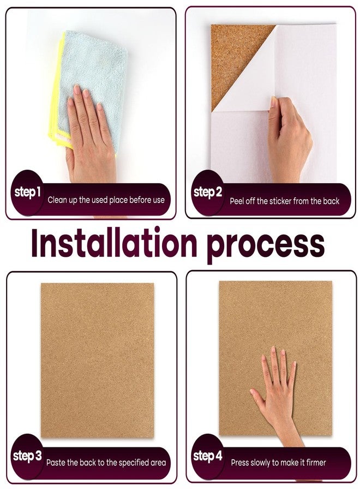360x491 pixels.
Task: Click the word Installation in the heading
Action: click(114, 243)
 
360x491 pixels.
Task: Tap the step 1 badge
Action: click(28, 193)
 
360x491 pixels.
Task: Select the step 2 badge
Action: click(208, 193)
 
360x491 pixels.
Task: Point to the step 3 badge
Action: click(27, 456)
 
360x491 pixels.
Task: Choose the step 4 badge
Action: click(208, 456)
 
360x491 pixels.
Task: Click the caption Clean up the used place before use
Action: click(106, 200)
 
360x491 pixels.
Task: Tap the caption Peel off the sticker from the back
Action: click(285, 201)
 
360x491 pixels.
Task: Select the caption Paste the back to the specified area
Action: click(106, 463)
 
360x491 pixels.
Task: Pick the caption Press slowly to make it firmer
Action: click(278, 463)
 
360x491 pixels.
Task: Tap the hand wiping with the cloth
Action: click(91, 135)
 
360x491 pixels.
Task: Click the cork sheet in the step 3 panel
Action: click(97, 360)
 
